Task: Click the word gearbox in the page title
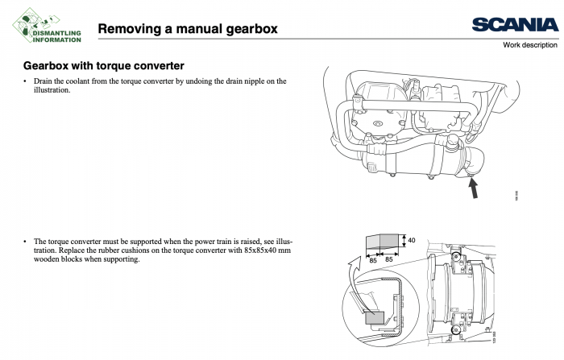(x=247, y=29)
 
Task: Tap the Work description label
(x=529, y=45)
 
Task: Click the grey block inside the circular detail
(x=375, y=319)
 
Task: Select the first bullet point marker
(x=25, y=81)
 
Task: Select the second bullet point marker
(x=25, y=241)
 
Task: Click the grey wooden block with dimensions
(x=382, y=242)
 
